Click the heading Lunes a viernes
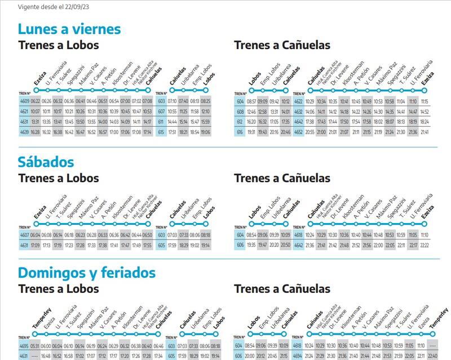69,29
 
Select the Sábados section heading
46,162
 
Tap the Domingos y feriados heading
86,273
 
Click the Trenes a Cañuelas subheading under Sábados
282,178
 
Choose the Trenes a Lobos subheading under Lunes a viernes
58,45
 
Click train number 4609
24,101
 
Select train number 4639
24,131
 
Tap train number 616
239,131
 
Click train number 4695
24,346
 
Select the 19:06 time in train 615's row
205,131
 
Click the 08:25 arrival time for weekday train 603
205,101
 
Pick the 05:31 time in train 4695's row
36,346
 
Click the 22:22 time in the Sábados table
424,245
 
